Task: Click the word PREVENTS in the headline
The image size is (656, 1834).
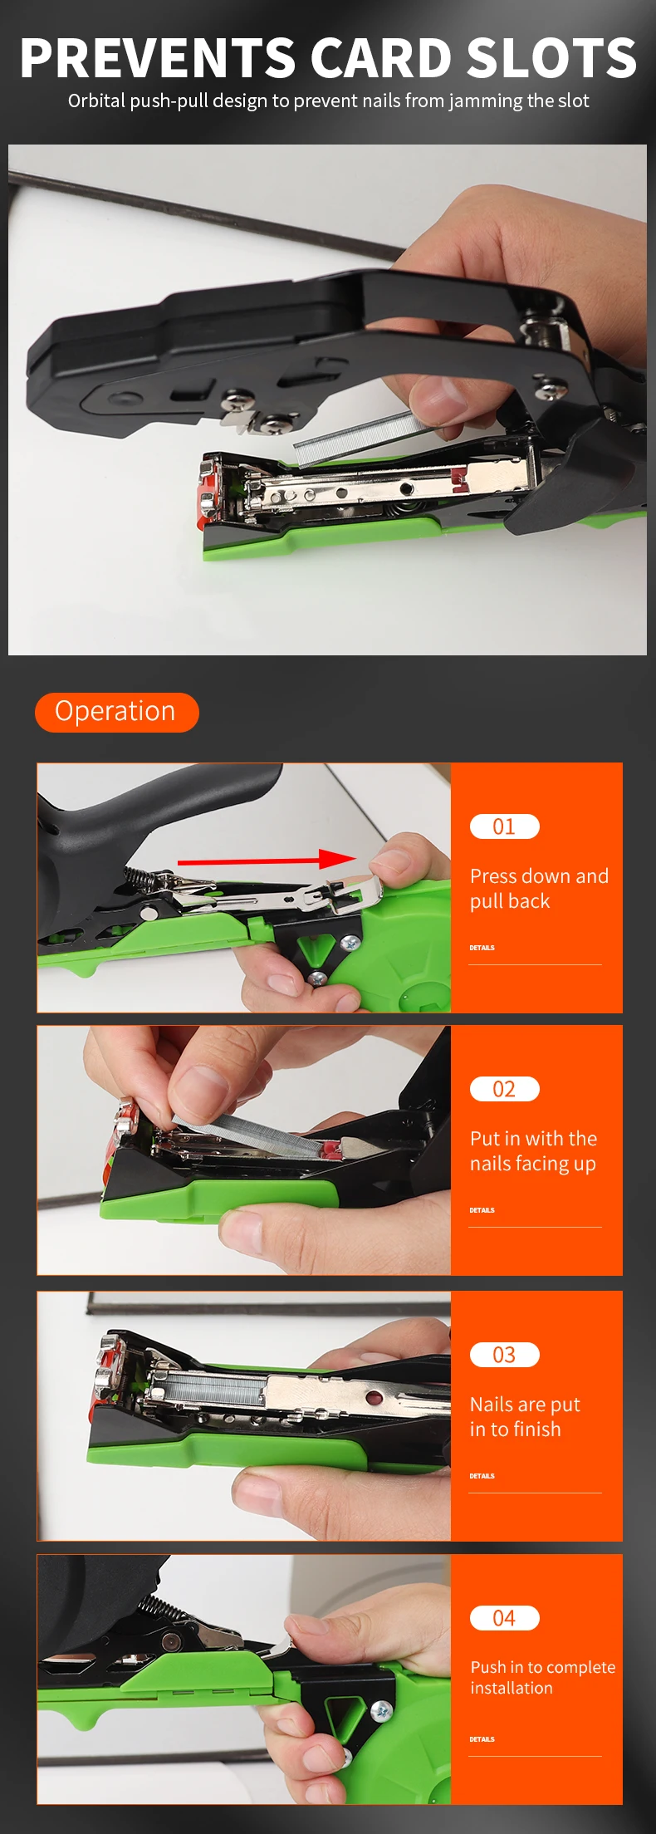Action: [x=158, y=57]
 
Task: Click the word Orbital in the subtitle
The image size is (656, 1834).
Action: [x=95, y=101]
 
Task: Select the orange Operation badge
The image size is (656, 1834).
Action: [x=117, y=712]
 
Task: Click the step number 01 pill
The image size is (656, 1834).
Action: [x=505, y=826]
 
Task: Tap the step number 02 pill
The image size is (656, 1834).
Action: [x=505, y=1089]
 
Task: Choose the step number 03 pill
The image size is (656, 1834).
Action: [x=505, y=1355]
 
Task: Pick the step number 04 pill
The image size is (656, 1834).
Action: [x=505, y=1618]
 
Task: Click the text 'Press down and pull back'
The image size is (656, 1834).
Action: [x=539, y=889]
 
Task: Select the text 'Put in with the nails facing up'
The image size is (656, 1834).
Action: [x=533, y=1151]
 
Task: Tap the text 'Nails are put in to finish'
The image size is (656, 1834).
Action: [x=525, y=1417]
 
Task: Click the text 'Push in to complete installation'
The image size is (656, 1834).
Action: [x=543, y=1677]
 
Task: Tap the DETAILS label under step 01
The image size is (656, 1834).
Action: [x=482, y=948]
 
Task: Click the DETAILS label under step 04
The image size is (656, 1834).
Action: [x=482, y=1739]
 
